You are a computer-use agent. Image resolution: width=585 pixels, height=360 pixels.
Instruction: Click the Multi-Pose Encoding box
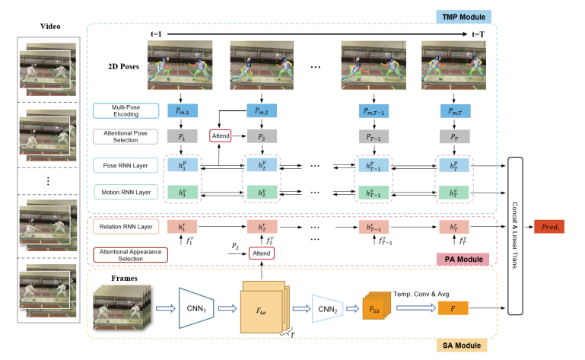coord(120,111)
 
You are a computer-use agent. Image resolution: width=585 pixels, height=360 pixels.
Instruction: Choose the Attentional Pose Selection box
coord(121,136)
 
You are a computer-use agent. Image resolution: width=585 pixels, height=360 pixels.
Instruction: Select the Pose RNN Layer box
coord(121,165)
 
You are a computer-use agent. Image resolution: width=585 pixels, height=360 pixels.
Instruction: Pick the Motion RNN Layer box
coord(121,193)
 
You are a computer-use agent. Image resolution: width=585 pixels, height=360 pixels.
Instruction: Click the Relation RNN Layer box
coord(121,226)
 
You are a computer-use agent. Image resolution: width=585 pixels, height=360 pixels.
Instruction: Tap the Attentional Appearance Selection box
coord(121,255)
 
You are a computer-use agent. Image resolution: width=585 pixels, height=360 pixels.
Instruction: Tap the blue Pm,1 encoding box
coord(182,111)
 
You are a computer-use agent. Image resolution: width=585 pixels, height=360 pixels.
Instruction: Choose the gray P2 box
coord(262,137)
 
